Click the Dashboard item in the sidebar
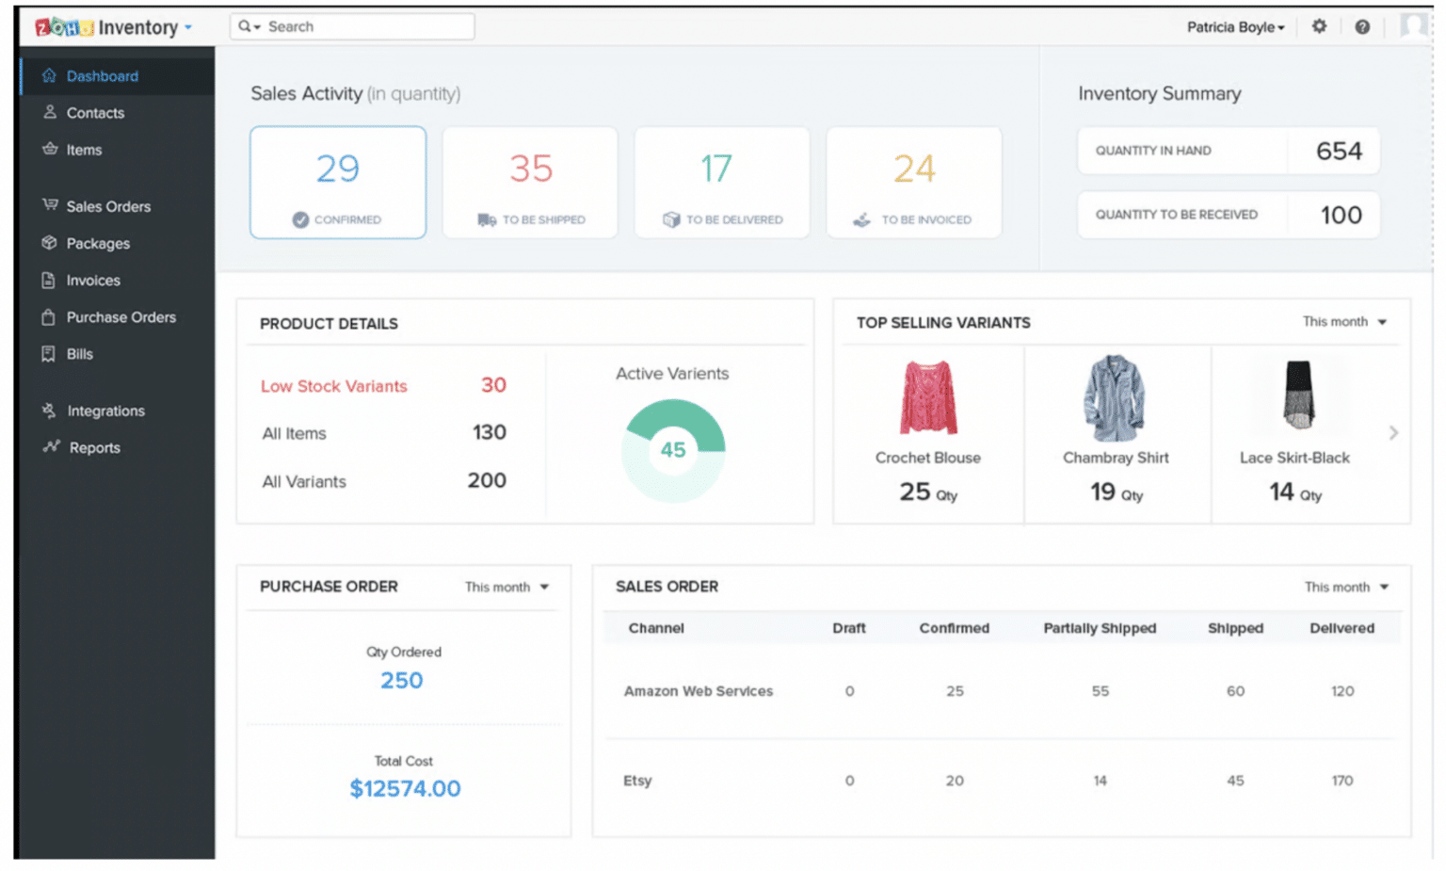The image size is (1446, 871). point(102,76)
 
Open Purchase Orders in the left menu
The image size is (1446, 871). point(120,317)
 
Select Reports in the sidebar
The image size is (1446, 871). point(94,448)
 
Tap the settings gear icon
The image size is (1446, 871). point(1319,26)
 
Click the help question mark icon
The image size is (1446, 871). point(1361,26)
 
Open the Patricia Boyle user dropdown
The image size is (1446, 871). point(1235,27)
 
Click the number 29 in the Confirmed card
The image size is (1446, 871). point(337,169)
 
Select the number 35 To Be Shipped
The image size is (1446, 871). point(531,169)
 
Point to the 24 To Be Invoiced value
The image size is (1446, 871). point(914,169)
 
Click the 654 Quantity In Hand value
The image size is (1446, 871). point(1338,151)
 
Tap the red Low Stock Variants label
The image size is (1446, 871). point(334,386)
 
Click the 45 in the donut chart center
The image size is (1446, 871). point(673,450)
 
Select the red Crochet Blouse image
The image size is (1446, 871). point(928,397)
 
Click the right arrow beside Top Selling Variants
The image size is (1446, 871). point(1393,433)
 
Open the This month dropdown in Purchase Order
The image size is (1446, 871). point(506,588)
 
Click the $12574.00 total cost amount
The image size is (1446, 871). point(405,789)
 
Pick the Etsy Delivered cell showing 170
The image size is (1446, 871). point(1342,781)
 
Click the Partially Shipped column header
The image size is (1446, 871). point(1099,628)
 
